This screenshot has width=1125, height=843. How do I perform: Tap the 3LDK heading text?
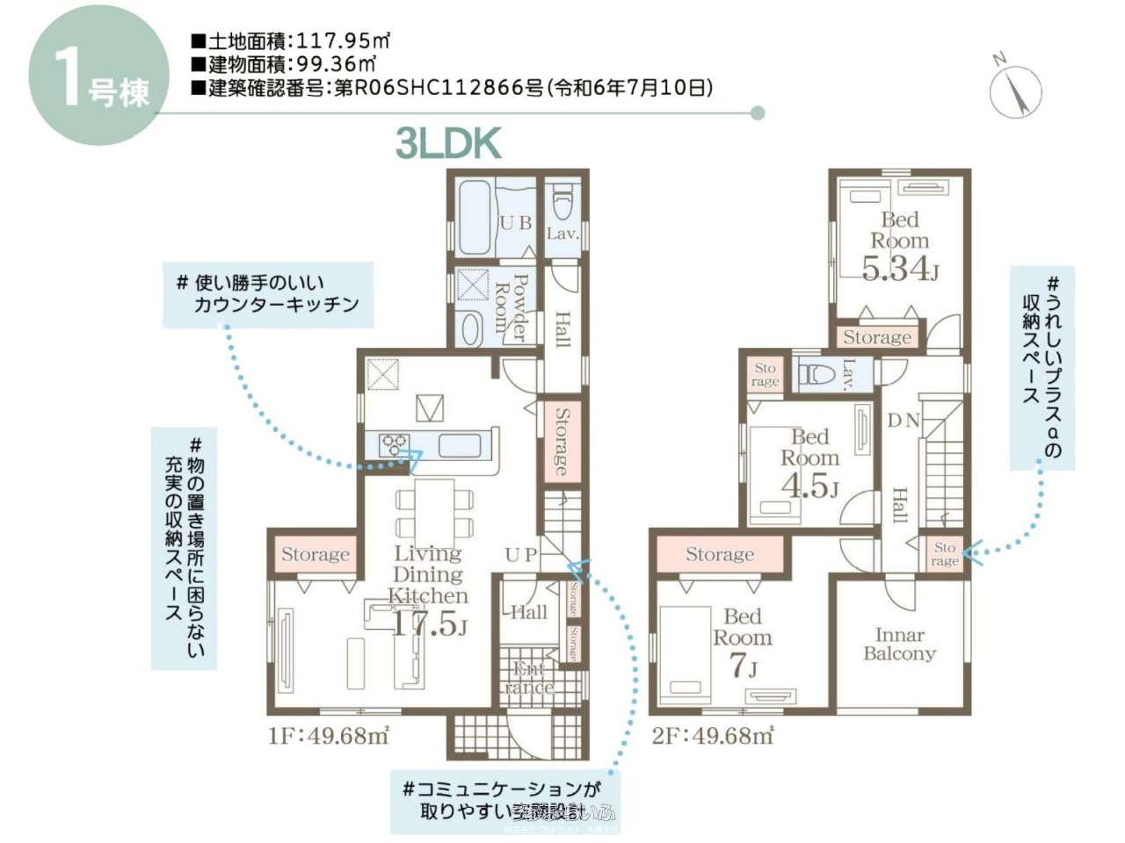point(448,143)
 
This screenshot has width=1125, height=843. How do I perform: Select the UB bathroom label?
point(515,223)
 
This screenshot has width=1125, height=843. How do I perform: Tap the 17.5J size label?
point(428,624)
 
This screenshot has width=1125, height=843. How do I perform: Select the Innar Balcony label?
point(898,644)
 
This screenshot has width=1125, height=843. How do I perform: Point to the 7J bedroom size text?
point(743,666)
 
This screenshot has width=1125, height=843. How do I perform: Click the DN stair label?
point(903,421)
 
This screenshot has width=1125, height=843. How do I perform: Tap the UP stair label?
point(520,554)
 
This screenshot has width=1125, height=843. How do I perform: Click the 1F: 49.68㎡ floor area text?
point(328,736)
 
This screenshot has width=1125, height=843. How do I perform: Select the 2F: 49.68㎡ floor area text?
point(712,736)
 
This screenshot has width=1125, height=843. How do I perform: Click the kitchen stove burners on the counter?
point(394,445)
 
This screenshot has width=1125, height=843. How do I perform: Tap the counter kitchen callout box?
point(268,294)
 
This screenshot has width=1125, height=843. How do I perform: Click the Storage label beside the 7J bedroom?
point(719,554)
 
